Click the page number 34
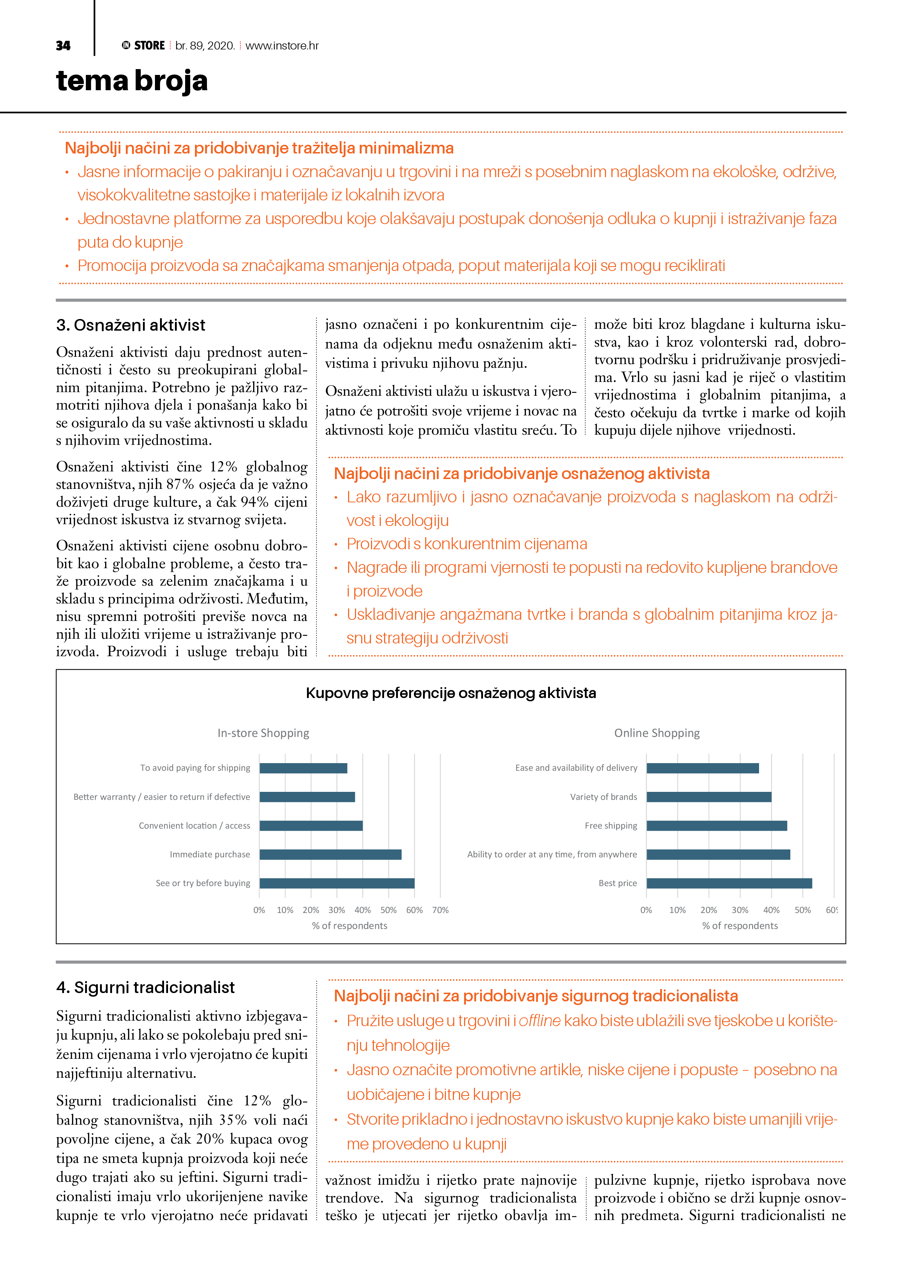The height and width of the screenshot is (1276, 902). pyautogui.click(x=63, y=45)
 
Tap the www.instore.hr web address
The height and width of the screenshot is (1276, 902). pyautogui.click(x=282, y=45)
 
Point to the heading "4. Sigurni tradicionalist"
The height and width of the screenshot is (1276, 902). pyautogui.click(x=145, y=988)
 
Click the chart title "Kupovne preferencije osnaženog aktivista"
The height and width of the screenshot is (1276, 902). pyautogui.click(x=451, y=693)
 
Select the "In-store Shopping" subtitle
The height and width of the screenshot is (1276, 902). pyautogui.click(x=263, y=733)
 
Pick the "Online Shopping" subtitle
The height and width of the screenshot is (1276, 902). pyautogui.click(x=656, y=733)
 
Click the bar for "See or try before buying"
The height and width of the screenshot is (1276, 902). pyautogui.click(x=337, y=883)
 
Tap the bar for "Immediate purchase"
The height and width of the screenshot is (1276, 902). pyautogui.click(x=330, y=854)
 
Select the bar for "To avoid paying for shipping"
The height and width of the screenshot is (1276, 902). pyautogui.click(x=303, y=768)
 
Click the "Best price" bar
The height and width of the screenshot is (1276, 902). pyautogui.click(x=729, y=883)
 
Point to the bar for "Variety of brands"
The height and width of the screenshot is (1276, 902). pyautogui.click(x=709, y=797)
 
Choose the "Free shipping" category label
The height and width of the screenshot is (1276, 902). pyautogui.click(x=611, y=826)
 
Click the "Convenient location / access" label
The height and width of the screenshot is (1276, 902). pyautogui.click(x=195, y=826)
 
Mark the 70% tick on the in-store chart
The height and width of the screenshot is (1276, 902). pyautogui.click(x=440, y=910)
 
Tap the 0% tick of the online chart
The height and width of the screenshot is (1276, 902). pyautogui.click(x=646, y=910)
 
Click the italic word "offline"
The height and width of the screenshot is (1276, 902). pyautogui.click(x=540, y=1021)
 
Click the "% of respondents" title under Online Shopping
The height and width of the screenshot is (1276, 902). pyautogui.click(x=740, y=925)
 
